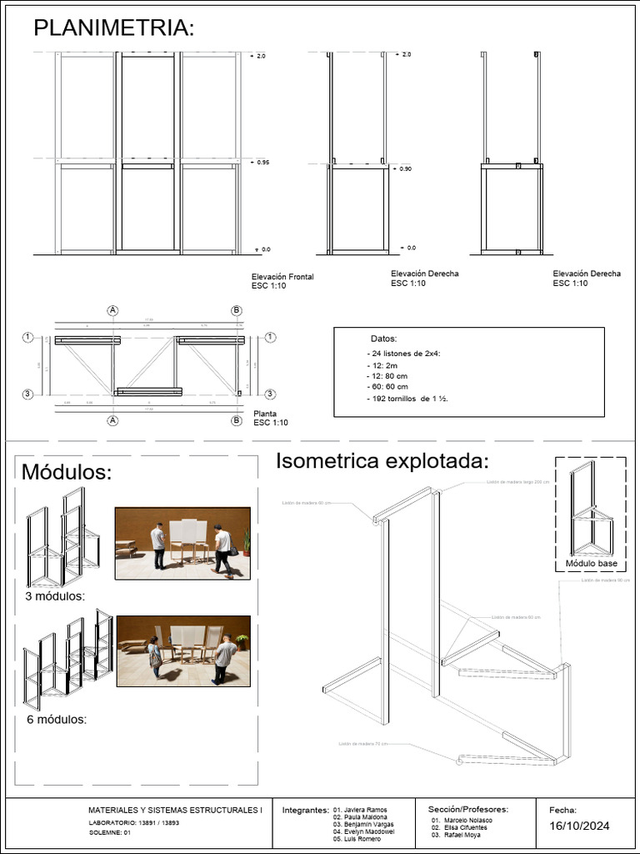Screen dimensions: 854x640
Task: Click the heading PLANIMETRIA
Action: [113, 28]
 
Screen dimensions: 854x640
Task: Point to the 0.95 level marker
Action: [262, 162]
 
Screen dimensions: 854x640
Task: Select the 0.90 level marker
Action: [405, 168]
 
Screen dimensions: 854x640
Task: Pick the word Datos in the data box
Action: [384, 339]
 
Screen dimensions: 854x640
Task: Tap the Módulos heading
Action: [66, 472]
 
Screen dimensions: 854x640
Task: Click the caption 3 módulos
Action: [55, 596]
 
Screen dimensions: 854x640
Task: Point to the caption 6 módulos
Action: [57, 719]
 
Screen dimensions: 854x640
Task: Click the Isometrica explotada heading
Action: [382, 460]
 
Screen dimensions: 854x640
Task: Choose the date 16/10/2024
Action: [579, 826]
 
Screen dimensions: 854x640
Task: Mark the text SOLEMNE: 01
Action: [110, 832]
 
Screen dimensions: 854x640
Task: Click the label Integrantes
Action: [305, 810]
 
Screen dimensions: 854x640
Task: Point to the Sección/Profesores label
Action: [467, 809]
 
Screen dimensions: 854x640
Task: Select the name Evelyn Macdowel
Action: [364, 831]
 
